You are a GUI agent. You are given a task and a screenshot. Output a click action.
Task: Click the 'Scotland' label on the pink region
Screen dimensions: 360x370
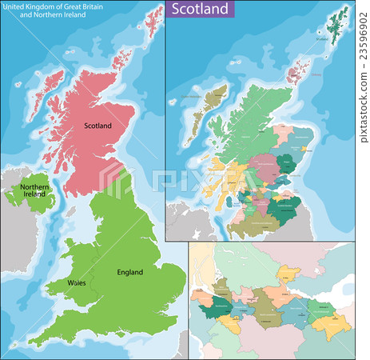99,126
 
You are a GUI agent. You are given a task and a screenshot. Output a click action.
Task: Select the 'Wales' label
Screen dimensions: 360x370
78,283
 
